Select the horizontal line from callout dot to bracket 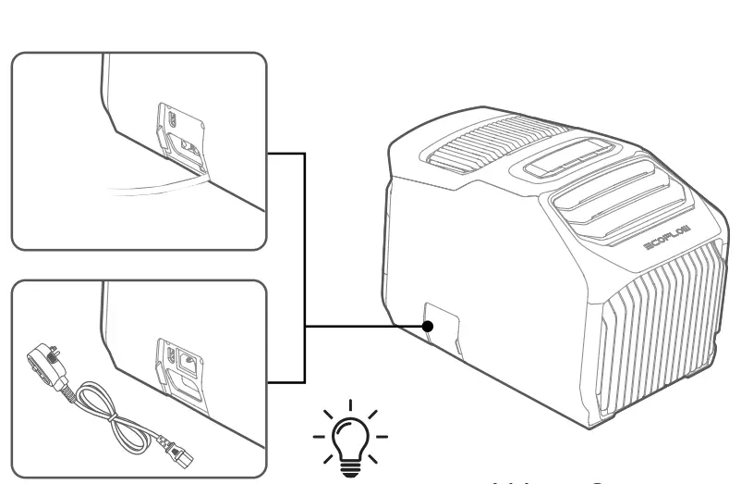coord(365,326)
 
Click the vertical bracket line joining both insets coord(305,268)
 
